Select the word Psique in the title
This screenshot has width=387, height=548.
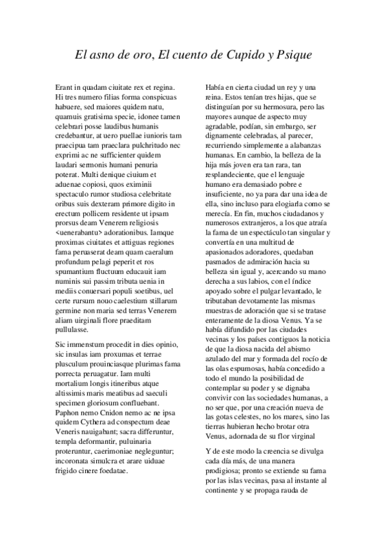[293, 55]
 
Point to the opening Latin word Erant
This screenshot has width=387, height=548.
[65, 87]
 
